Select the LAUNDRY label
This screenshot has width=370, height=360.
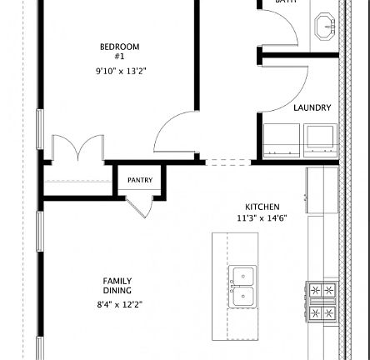tap(308, 107)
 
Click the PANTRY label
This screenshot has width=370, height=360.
tap(140, 179)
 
